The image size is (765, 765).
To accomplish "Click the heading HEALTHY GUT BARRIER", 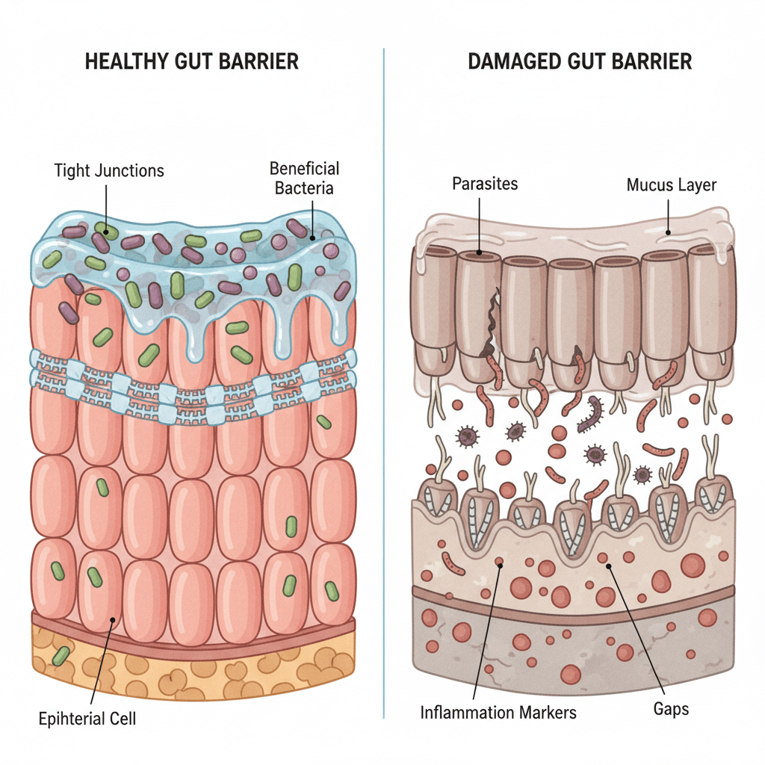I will click(191, 61).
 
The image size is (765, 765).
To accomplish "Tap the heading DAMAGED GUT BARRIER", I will click(580, 61).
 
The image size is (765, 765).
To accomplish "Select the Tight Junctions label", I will click(109, 170).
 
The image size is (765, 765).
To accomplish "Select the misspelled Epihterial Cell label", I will click(87, 720).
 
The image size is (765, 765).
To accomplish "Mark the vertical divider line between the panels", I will click(383, 374).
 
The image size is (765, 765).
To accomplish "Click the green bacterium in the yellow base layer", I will click(61, 656).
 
